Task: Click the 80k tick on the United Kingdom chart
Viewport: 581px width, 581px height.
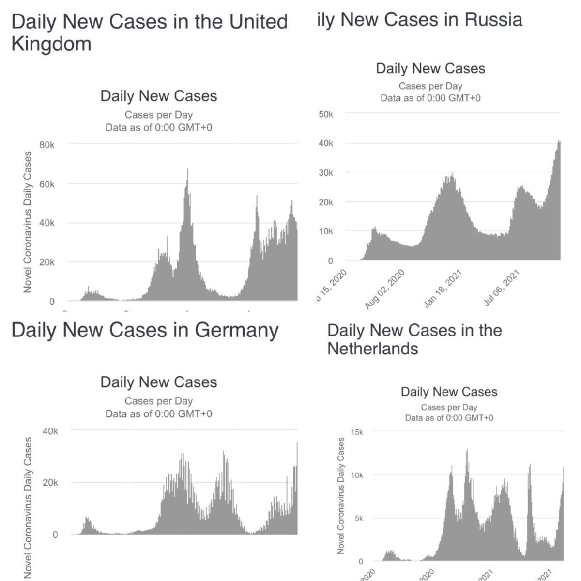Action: (46, 145)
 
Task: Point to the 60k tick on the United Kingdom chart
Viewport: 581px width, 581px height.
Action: (46, 184)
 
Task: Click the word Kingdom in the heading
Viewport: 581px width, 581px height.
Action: (51, 44)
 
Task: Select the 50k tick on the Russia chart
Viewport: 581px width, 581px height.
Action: (326, 115)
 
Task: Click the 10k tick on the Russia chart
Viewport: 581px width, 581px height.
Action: (326, 231)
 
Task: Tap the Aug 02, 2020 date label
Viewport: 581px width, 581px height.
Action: (385, 289)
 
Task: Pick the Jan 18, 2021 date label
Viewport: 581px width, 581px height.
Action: (443, 289)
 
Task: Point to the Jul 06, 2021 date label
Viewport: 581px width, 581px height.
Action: (502, 289)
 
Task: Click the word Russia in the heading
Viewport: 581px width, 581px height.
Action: (493, 20)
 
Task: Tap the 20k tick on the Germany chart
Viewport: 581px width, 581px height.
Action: (50, 483)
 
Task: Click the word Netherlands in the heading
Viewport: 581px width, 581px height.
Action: (372, 349)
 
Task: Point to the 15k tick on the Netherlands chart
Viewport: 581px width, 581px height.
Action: (357, 432)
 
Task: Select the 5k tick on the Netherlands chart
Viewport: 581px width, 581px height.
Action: (359, 519)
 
